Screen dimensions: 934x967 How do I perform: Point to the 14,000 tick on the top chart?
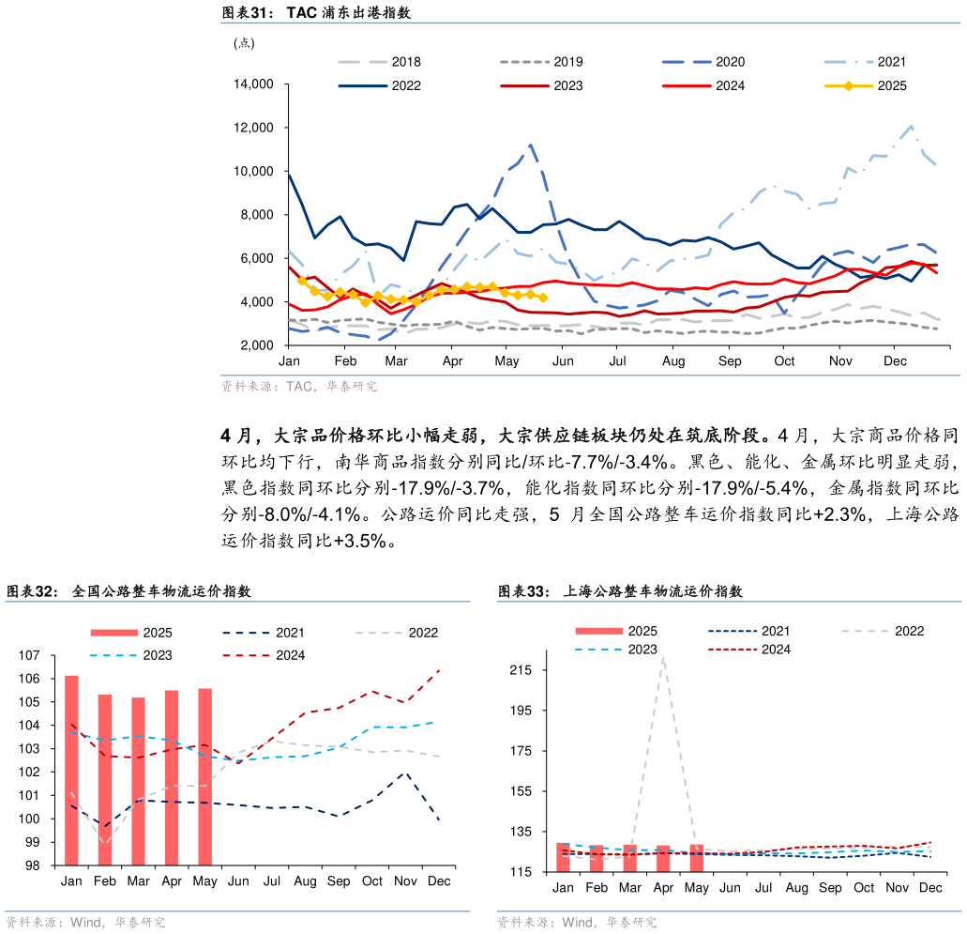pos(252,84)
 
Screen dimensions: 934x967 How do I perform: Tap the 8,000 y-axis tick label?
pos(256,215)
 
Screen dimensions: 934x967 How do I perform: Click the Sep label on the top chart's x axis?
pos(730,361)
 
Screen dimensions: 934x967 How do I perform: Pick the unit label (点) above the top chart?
pos(243,42)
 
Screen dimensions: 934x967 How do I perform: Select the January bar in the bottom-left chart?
pos(71,770)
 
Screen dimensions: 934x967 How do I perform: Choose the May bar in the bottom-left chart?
pos(205,776)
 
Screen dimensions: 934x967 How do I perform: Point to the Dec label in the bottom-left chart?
pos(439,881)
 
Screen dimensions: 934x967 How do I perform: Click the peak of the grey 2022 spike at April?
pos(663,658)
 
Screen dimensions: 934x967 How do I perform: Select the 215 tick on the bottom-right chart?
pos(521,670)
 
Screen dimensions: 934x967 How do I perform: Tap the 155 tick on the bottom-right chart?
pos(521,791)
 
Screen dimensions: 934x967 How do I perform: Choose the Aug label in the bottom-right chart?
pos(796,888)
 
